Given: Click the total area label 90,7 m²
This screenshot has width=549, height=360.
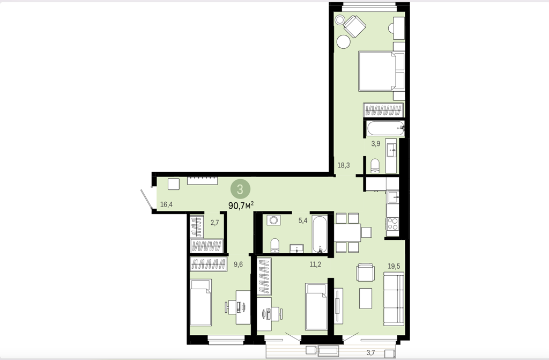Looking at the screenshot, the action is pyautogui.click(x=241, y=205).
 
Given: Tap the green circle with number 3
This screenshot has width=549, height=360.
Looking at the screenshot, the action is pyautogui.click(x=240, y=189).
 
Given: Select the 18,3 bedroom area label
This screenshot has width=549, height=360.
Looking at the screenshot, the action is pyautogui.click(x=344, y=165).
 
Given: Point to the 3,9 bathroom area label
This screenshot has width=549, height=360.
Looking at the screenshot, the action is pyautogui.click(x=376, y=143).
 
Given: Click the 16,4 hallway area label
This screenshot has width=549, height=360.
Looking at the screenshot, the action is pyautogui.click(x=166, y=204).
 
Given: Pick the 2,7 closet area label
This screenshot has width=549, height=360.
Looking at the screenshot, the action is pyautogui.click(x=214, y=222).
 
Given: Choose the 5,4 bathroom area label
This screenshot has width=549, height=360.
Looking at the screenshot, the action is pyautogui.click(x=302, y=221).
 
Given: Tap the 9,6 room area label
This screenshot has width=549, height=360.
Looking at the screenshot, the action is pyautogui.click(x=238, y=265).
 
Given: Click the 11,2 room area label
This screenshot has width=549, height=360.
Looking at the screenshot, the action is pyautogui.click(x=315, y=265).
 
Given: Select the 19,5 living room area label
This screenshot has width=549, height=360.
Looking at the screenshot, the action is pyautogui.click(x=394, y=266).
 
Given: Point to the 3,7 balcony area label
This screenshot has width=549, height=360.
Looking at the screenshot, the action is pyautogui.click(x=371, y=352).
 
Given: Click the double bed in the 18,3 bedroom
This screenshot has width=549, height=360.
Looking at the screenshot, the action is pyautogui.click(x=381, y=72).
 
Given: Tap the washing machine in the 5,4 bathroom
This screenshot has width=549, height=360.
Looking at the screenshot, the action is pyautogui.click(x=272, y=220).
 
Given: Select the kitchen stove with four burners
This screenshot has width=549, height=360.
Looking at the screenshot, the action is pyautogui.click(x=392, y=223).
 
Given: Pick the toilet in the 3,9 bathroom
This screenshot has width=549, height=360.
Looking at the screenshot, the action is pyautogui.click(x=375, y=166).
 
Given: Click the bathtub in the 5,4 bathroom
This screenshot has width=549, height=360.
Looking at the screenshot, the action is pyautogui.click(x=320, y=234).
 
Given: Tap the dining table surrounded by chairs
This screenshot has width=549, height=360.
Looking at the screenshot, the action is pyautogui.click(x=347, y=233).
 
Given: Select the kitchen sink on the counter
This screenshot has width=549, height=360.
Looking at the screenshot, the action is pyautogui.click(x=392, y=197).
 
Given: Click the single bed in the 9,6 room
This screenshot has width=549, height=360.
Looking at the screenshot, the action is pyautogui.click(x=201, y=302).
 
